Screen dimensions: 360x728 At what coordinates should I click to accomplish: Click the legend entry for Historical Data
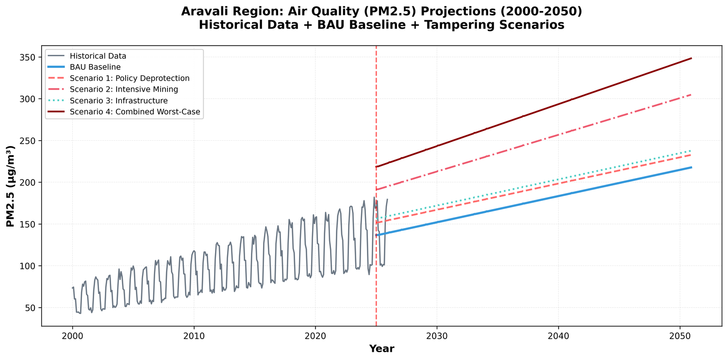(x=98, y=56)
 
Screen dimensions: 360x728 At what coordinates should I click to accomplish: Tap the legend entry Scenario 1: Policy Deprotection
(x=129, y=78)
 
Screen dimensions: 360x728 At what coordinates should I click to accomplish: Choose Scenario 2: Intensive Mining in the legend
(x=124, y=89)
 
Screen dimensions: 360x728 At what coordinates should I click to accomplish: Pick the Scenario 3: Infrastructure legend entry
(x=118, y=100)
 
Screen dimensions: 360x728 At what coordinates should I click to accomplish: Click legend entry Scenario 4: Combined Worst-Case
(x=134, y=112)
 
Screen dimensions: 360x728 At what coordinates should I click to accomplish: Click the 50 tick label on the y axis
(x=30, y=308)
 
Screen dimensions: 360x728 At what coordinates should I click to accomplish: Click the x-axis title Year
(x=381, y=348)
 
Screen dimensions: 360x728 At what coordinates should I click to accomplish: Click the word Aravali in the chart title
(x=205, y=11)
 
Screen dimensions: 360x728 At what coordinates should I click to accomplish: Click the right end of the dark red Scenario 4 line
(x=691, y=58)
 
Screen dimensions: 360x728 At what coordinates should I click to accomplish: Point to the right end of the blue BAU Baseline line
(x=691, y=167)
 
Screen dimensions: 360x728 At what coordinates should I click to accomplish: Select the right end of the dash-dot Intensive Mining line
(x=691, y=95)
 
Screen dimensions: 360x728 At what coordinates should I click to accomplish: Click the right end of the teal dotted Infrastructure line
(x=691, y=150)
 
